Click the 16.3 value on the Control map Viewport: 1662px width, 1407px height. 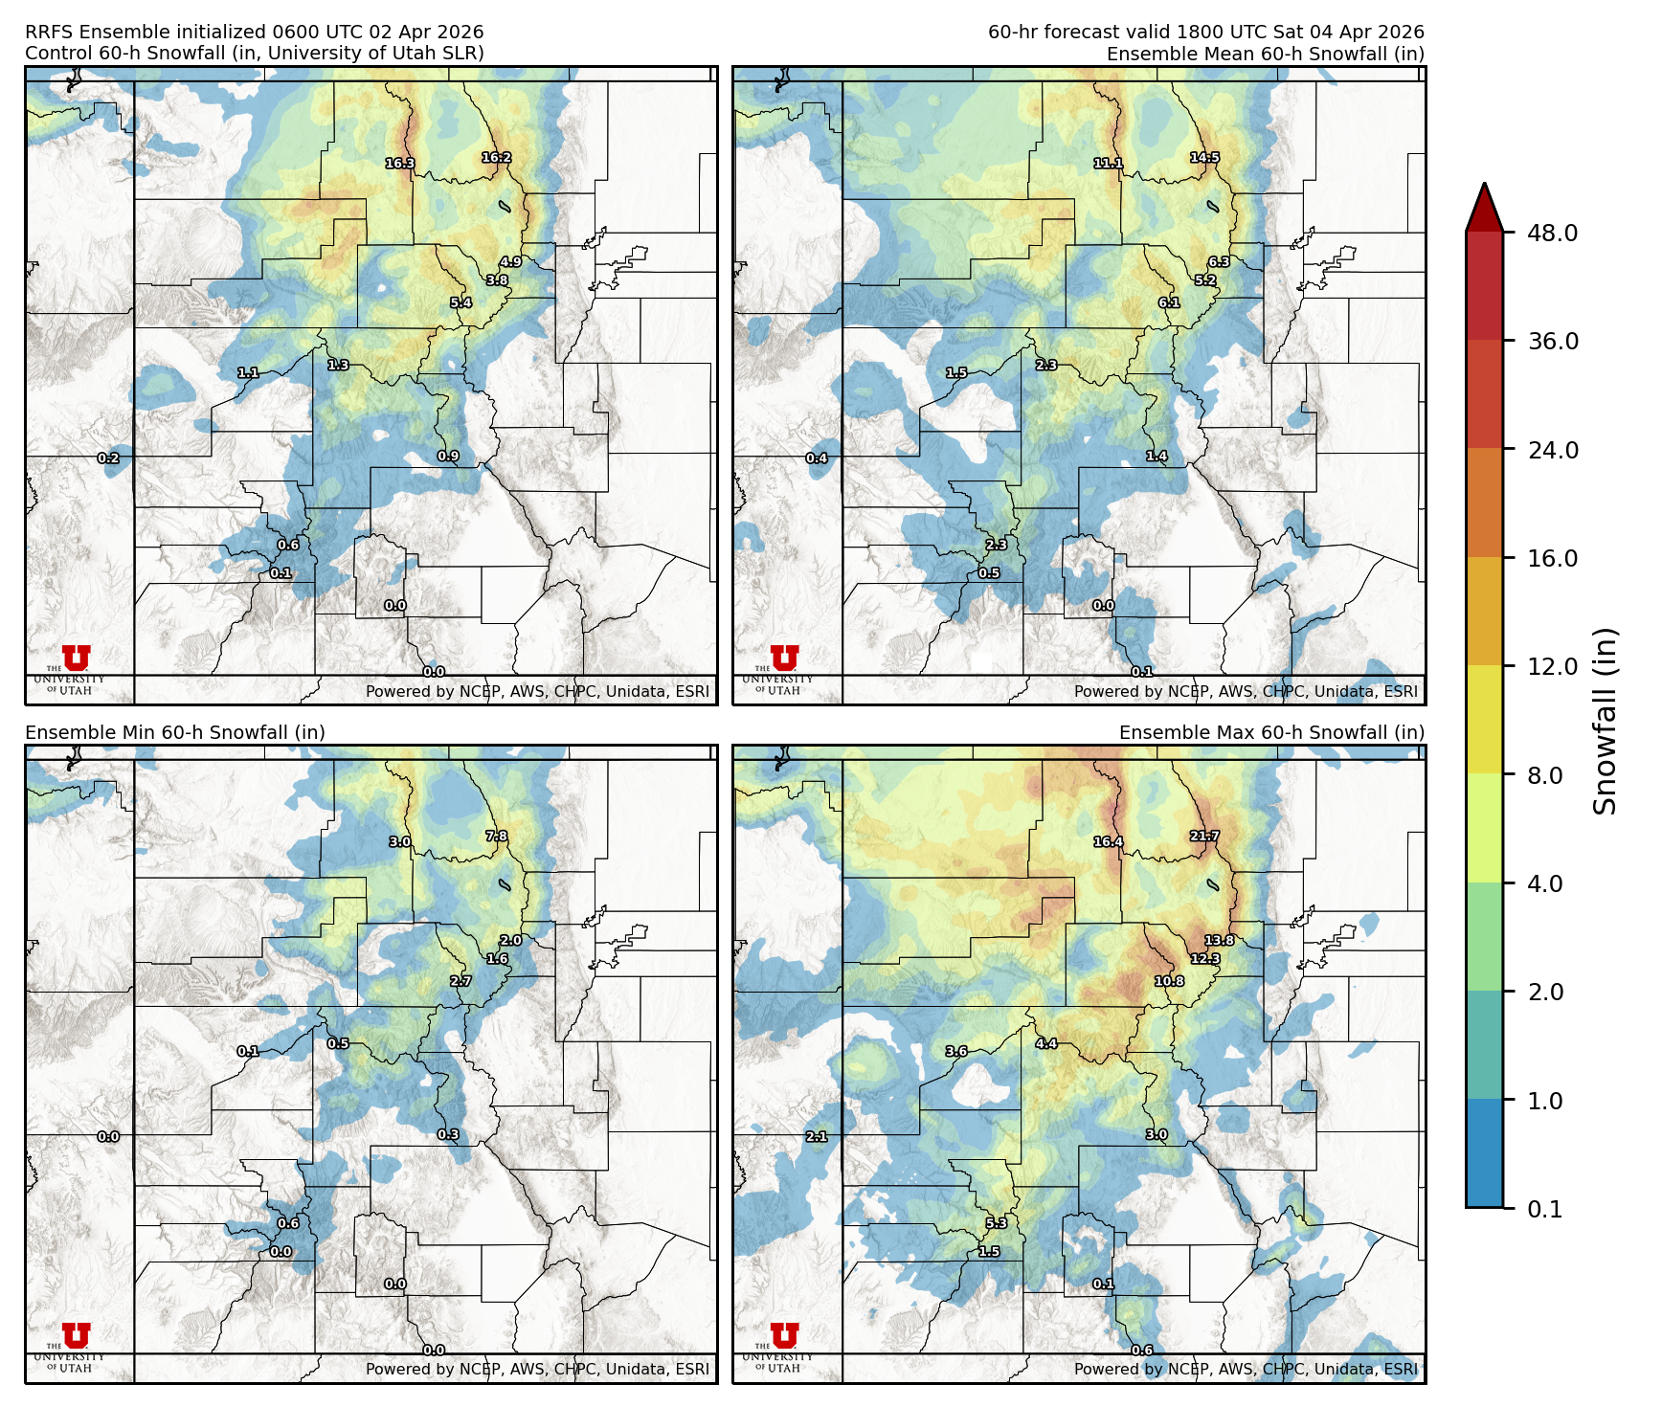[x=400, y=164]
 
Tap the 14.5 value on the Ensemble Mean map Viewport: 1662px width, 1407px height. [x=1204, y=158]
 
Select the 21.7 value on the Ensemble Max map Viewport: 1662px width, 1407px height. [x=1204, y=836]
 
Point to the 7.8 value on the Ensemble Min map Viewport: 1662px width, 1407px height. [x=496, y=836]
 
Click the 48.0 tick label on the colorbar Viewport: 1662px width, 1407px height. [x=1552, y=233]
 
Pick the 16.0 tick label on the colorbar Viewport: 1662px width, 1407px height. [x=1552, y=558]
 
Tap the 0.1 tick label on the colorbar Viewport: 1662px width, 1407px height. [x=1544, y=1209]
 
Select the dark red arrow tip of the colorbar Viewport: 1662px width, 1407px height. [x=1484, y=207]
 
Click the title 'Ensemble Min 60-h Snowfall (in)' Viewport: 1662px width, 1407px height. [x=175, y=732]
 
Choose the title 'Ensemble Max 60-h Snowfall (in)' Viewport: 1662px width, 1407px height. [x=1271, y=732]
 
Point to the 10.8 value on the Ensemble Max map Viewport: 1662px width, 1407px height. [x=1169, y=981]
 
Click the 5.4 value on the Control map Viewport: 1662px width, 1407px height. [x=460, y=303]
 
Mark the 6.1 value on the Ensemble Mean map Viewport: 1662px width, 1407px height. [x=1169, y=302]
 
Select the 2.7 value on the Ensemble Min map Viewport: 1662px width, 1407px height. [x=460, y=981]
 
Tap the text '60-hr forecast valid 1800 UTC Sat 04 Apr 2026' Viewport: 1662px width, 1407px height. [x=1205, y=33]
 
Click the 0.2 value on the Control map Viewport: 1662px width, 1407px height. [x=108, y=458]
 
